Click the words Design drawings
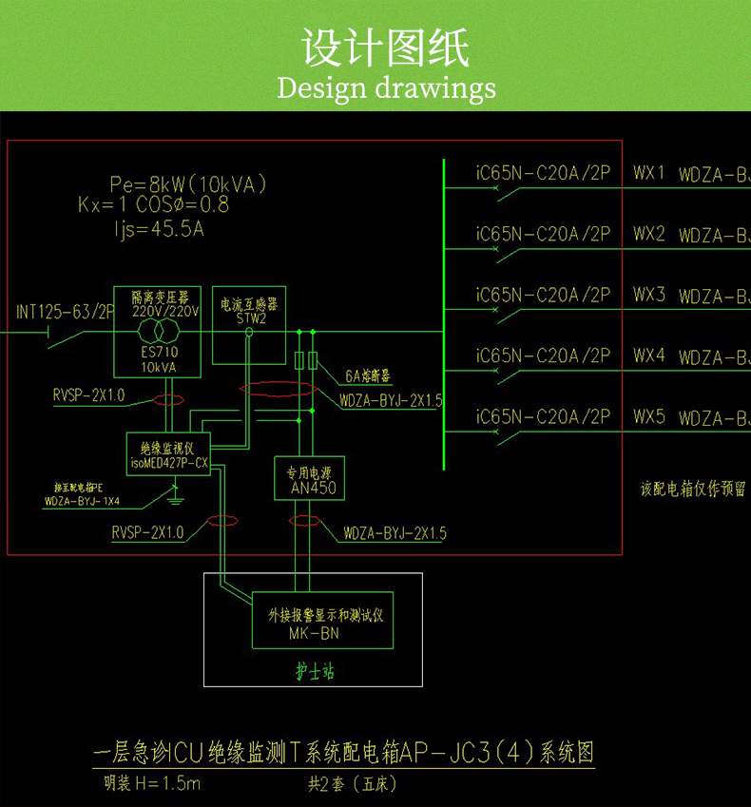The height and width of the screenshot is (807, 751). [x=386, y=88]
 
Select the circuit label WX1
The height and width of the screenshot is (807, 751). [x=649, y=174]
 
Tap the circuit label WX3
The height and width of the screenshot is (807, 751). [x=649, y=295]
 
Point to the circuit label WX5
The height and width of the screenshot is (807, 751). [x=649, y=416]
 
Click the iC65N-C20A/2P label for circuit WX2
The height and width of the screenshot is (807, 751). [x=543, y=234]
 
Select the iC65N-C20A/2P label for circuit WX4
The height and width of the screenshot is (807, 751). [x=543, y=355]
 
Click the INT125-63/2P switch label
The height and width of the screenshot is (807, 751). [x=66, y=311]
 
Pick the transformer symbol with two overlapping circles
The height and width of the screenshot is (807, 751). [x=159, y=332]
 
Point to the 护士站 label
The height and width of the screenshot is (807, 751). [x=315, y=672]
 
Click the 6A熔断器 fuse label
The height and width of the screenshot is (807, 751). [x=368, y=375]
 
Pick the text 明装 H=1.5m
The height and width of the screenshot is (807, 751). [x=153, y=784]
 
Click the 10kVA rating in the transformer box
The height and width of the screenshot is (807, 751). [x=159, y=366]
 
